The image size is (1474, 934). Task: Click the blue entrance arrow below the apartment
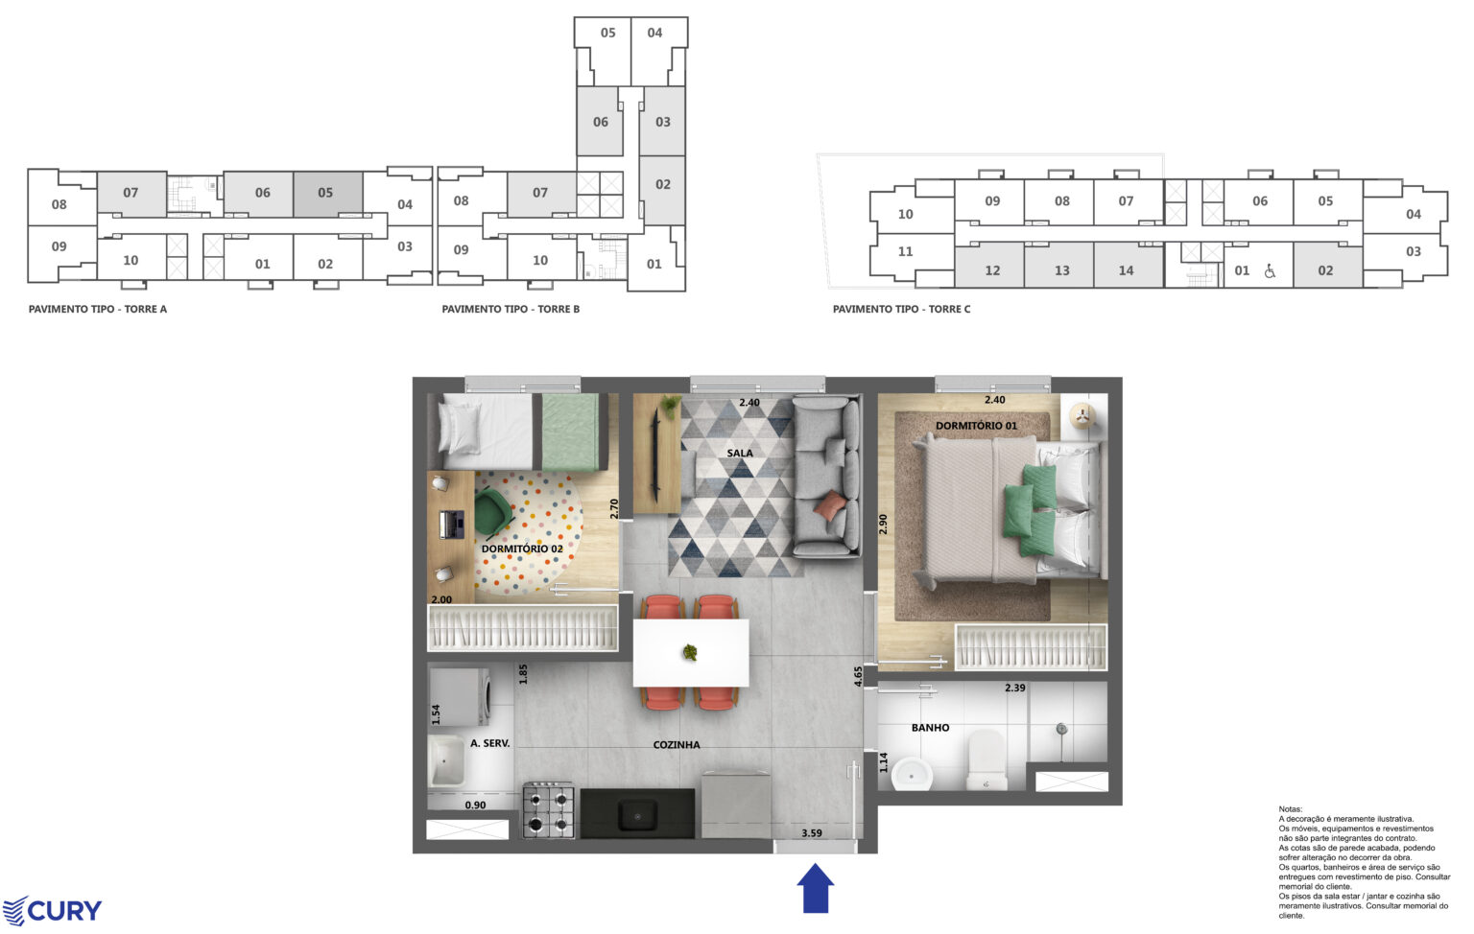(816, 888)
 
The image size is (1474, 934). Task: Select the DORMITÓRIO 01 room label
(976, 426)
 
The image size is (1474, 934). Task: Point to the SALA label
(740, 453)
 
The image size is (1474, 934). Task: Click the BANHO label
(930, 728)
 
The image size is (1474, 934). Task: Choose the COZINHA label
(677, 745)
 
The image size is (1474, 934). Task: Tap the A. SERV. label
(489, 743)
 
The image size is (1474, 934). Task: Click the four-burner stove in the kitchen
(548, 809)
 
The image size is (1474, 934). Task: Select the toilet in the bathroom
(986, 760)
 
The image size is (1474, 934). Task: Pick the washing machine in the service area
(461, 697)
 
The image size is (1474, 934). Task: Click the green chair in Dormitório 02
(493, 512)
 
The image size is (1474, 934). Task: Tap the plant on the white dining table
(690, 653)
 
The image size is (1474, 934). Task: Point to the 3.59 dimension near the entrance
(812, 833)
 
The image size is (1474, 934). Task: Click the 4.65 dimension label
(859, 677)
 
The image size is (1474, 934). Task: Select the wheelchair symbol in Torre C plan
(1270, 271)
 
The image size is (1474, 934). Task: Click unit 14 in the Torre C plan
(1126, 270)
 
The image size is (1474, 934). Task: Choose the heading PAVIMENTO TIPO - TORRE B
(511, 309)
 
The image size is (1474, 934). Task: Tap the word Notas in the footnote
(1291, 809)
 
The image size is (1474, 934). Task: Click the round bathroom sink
(911, 774)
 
